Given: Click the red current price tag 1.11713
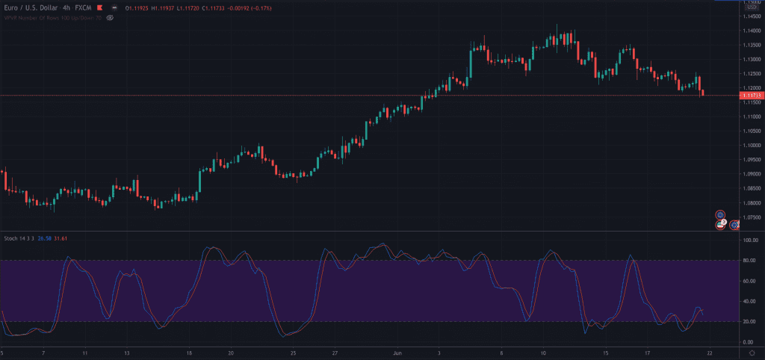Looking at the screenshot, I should tap(750, 96).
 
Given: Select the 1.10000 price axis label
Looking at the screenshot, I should tap(750, 146).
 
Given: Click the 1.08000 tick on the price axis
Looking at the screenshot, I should tap(750, 203).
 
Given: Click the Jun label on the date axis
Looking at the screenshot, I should tap(397, 352).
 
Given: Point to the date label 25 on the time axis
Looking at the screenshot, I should tap(293, 352).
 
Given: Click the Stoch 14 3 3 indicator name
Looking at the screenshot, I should tap(19, 238).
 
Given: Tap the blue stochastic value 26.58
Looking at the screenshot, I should tap(44, 238).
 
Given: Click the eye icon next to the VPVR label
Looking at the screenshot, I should tap(110, 16).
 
